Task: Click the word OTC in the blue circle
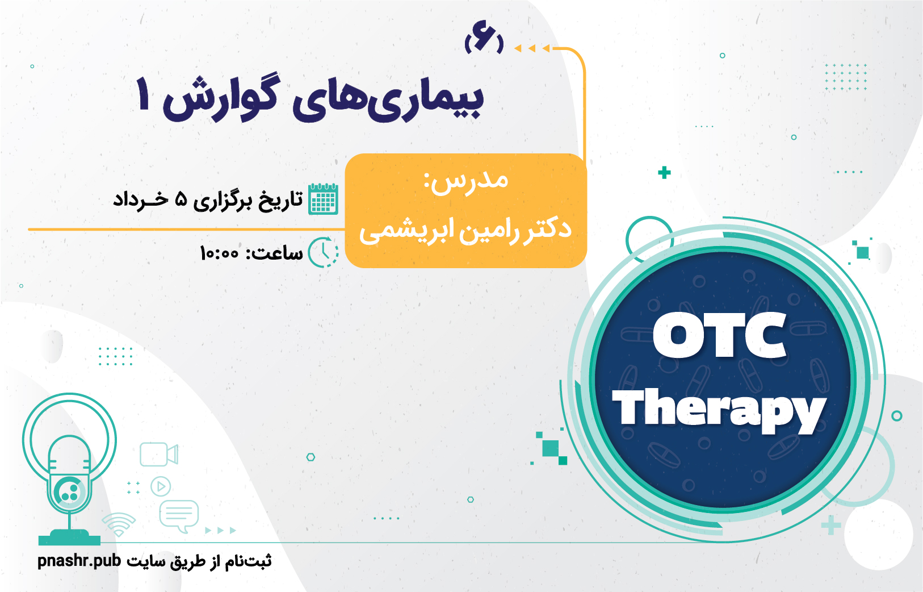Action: (x=719, y=335)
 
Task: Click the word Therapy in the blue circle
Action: (x=719, y=410)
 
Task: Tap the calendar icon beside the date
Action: (x=324, y=199)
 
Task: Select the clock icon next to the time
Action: (x=324, y=252)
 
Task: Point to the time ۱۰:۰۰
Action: (x=219, y=252)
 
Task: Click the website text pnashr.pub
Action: (x=79, y=561)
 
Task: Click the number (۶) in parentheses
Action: (x=484, y=43)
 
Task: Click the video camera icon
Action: (x=159, y=454)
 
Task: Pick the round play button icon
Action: (x=161, y=486)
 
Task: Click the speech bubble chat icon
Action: (x=179, y=516)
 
